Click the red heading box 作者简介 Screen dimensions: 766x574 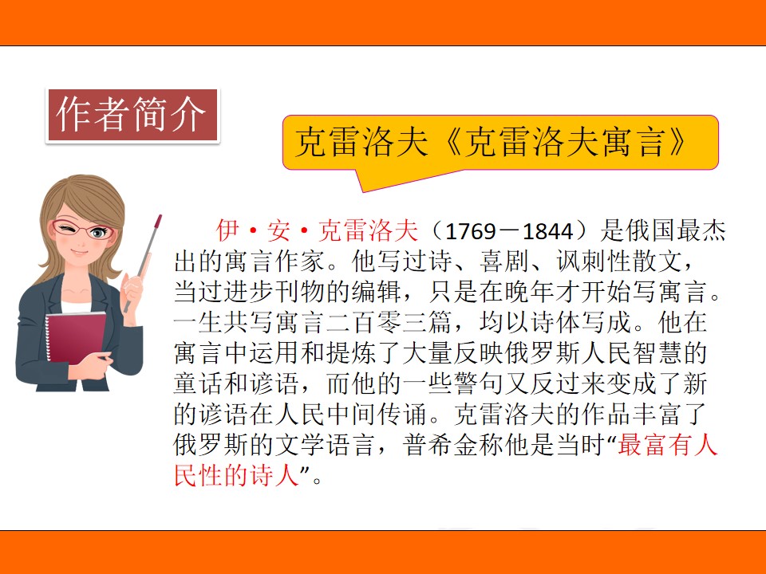pos(132,116)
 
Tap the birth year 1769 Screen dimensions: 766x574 pos(471,231)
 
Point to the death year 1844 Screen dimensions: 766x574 pos(547,231)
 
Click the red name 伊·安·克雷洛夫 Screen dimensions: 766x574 pos(318,231)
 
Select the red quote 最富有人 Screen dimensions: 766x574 pos(667,445)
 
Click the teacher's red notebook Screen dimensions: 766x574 pos(76,336)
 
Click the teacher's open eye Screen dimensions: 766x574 pos(99,232)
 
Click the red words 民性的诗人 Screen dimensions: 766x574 pos(236,475)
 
